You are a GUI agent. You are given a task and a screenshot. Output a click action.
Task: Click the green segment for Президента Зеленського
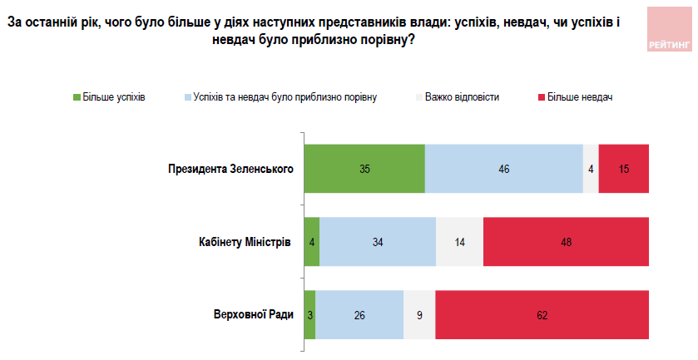(x=364, y=169)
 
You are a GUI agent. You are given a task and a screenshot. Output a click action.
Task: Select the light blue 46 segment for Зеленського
(x=504, y=169)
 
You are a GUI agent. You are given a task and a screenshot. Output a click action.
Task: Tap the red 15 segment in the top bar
(x=623, y=169)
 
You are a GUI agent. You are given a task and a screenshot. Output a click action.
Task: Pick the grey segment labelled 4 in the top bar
(x=591, y=169)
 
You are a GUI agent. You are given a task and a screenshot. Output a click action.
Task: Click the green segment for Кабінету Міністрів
(x=311, y=242)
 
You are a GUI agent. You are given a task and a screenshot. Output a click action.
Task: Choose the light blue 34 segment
(x=378, y=242)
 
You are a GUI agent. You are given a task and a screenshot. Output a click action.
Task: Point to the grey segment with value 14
(x=459, y=242)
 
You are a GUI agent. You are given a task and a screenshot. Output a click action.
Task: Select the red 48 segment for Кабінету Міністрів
(x=566, y=242)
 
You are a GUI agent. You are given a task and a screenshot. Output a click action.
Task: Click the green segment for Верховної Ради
(x=309, y=315)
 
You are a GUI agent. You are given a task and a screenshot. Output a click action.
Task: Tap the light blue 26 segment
(x=359, y=315)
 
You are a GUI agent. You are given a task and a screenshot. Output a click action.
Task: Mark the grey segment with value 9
(x=419, y=315)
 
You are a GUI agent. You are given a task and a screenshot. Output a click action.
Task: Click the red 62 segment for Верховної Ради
(x=542, y=315)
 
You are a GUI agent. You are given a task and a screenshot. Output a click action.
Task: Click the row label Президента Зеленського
(x=230, y=169)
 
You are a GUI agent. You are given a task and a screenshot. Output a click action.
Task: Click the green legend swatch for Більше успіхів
(x=77, y=97)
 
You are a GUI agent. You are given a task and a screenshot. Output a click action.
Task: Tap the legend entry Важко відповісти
(x=461, y=97)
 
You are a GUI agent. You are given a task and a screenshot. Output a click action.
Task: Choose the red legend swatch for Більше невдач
(x=540, y=97)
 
